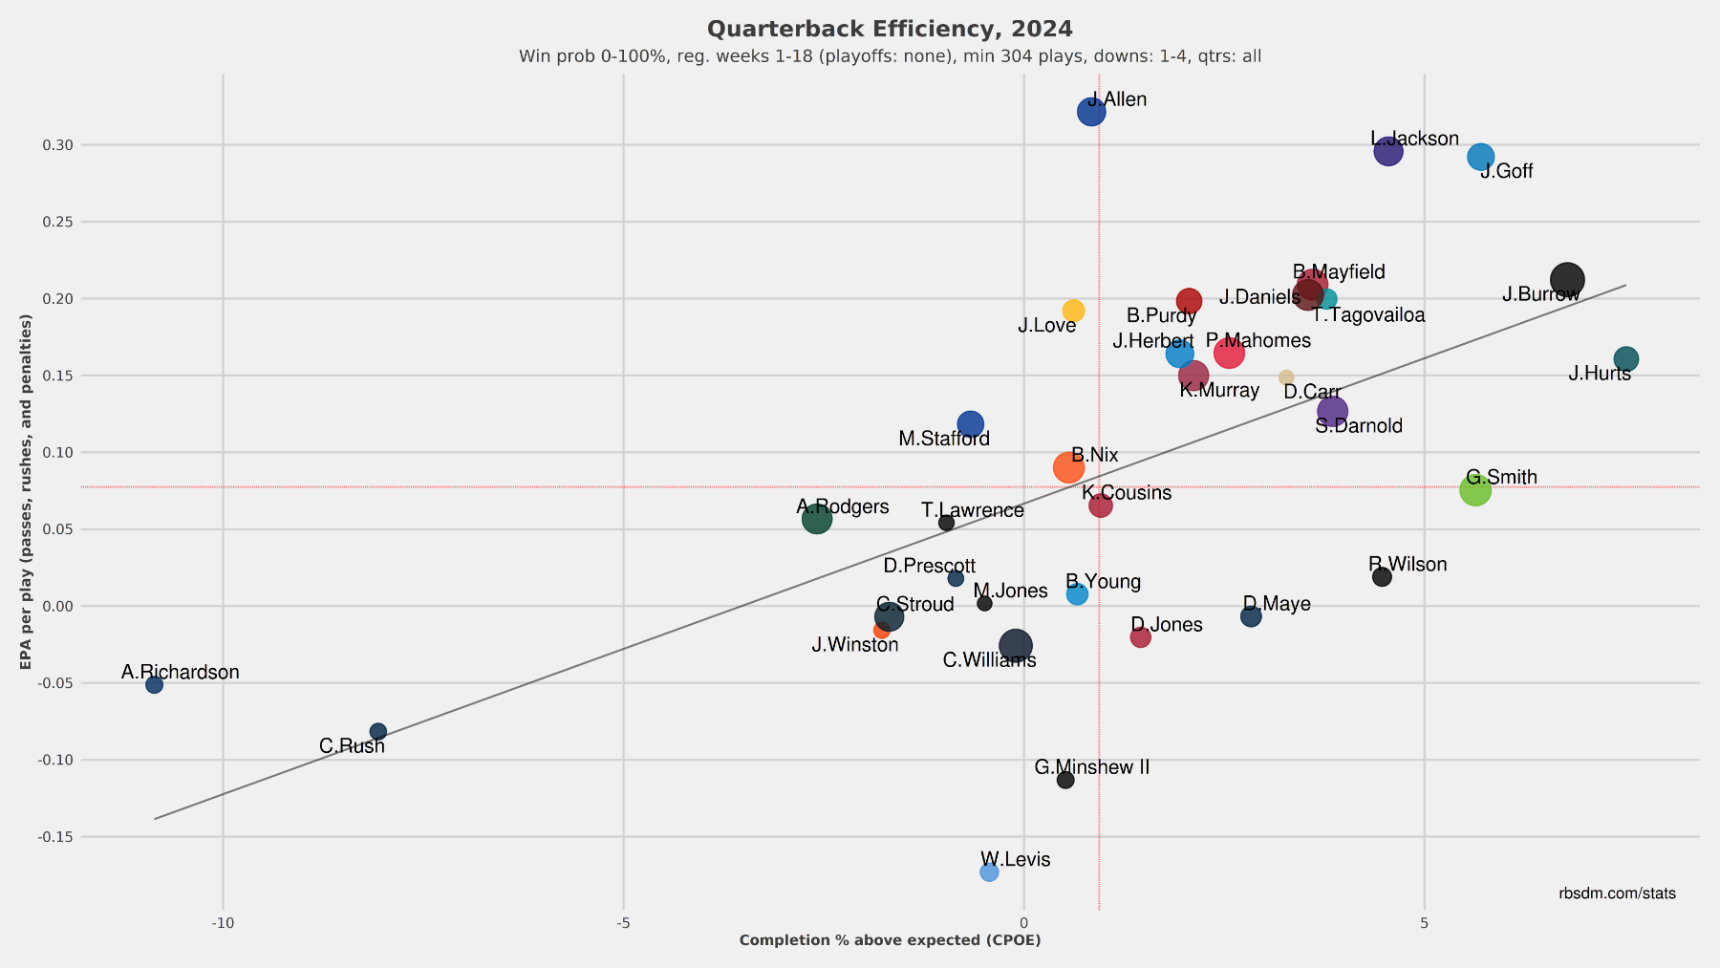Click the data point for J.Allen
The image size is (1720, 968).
click(1091, 112)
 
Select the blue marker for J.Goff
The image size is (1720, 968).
click(1480, 157)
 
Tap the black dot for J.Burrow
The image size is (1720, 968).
click(1567, 280)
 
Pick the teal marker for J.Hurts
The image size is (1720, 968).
click(1625, 359)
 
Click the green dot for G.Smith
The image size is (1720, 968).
click(1475, 490)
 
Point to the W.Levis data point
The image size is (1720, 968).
click(989, 872)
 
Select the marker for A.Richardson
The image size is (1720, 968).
click(154, 684)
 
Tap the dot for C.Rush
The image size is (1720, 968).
click(378, 732)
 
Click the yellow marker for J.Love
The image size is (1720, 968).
click(1073, 311)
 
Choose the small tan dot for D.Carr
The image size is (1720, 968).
click(1286, 377)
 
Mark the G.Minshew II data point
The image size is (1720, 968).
click(1065, 781)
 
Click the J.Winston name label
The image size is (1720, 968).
click(855, 645)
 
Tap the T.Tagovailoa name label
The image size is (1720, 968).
click(1368, 315)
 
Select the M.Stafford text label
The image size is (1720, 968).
click(944, 440)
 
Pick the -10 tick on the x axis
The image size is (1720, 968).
click(223, 923)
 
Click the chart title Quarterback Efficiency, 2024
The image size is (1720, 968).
click(890, 30)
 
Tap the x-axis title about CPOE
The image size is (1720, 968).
click(890, 940)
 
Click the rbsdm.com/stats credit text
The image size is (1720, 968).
click(1617, 893)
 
